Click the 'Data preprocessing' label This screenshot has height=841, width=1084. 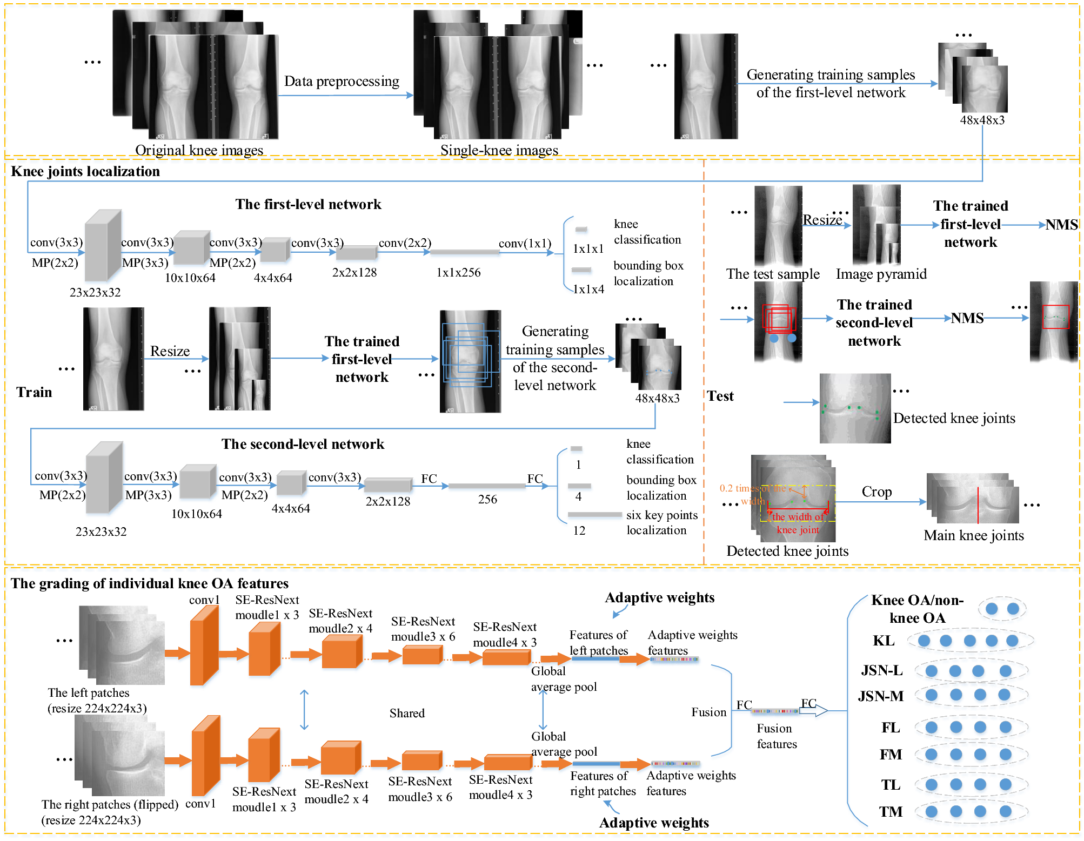(x=342, y=81)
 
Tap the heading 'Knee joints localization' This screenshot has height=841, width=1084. (x=85, y=171)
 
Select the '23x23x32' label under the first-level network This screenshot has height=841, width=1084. (x=95, y=292)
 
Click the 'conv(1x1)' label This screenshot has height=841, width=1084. (x=525, y=243)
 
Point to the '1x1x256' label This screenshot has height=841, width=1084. (x=458, y=272)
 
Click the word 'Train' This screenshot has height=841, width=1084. (x=34, y=392)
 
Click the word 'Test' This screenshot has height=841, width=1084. (x=720, y=396)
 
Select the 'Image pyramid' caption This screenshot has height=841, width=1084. (x=881, y=274)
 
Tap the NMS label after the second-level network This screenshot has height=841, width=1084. (x=967, y=318)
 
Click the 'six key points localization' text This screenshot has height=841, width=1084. (x=661, y=522)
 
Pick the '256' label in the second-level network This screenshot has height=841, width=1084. (x=487, y=499)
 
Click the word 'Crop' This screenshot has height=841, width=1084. (x=876, y=492)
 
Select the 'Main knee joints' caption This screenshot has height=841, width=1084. (x=973, y=535)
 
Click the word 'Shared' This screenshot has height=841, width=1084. (x=407, y=713)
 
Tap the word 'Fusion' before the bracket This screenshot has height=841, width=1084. (x=708, y=712)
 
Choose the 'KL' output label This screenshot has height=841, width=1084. (x=884, y=641)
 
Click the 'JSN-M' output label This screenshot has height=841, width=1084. (x=880, y=696)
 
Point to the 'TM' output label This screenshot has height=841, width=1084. (x=890, y=812)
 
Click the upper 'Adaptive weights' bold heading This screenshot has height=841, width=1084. (x=659, y=597)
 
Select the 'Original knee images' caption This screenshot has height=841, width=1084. (x=199, y=150)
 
